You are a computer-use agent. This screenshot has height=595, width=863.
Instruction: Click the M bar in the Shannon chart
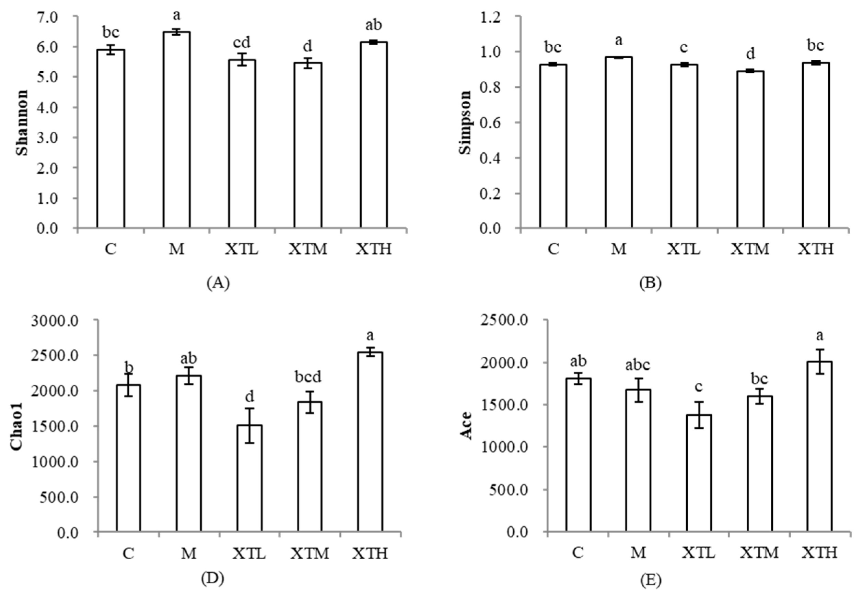tap(176, 130)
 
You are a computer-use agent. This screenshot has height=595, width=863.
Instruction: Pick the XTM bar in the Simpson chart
tap(750, 149)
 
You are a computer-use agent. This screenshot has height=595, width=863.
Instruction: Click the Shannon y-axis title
tap(22, 122)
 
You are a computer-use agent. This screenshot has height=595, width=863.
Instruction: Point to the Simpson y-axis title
tap(465, 122)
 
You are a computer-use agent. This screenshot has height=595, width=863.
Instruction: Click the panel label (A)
tap(218, 284)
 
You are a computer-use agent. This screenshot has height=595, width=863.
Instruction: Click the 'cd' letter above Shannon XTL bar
tap(242, 43)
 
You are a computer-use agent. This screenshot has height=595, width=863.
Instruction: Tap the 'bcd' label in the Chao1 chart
tap(308, 377)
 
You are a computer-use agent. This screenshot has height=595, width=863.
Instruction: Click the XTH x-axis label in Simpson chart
tap(816, 249)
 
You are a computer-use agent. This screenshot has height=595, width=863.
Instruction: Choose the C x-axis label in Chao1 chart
tap(128, 553)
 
